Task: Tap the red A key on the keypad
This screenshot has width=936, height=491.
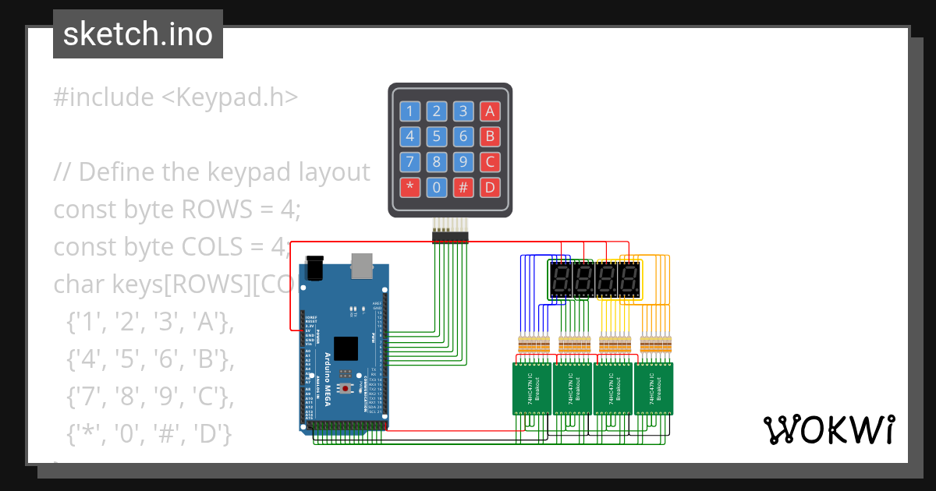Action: (x=490, y=111)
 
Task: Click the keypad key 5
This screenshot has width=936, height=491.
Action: (x=437, y=137)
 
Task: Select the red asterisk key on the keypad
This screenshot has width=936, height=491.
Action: (x=409, y=187)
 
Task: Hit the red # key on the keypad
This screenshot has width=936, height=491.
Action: (x=463, y=187)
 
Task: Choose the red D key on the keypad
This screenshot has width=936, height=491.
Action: (x=490, y=187)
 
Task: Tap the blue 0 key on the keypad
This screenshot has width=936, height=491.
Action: (x=437, y=187)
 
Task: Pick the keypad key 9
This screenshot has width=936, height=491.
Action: (x=463, y=162)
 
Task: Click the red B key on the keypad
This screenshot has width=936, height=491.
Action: (x=490, y=137)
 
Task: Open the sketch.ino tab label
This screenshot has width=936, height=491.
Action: (x=138, y=34)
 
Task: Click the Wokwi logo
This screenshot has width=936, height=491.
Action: (x=828, y=429)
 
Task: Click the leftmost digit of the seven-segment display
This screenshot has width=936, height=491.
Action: (x=560, y=279)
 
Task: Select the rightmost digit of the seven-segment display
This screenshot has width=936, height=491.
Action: (x=629, y=279)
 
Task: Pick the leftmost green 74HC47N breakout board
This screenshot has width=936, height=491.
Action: (x=532, y=388)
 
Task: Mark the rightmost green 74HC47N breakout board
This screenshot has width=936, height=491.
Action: (x=653, y=388)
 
